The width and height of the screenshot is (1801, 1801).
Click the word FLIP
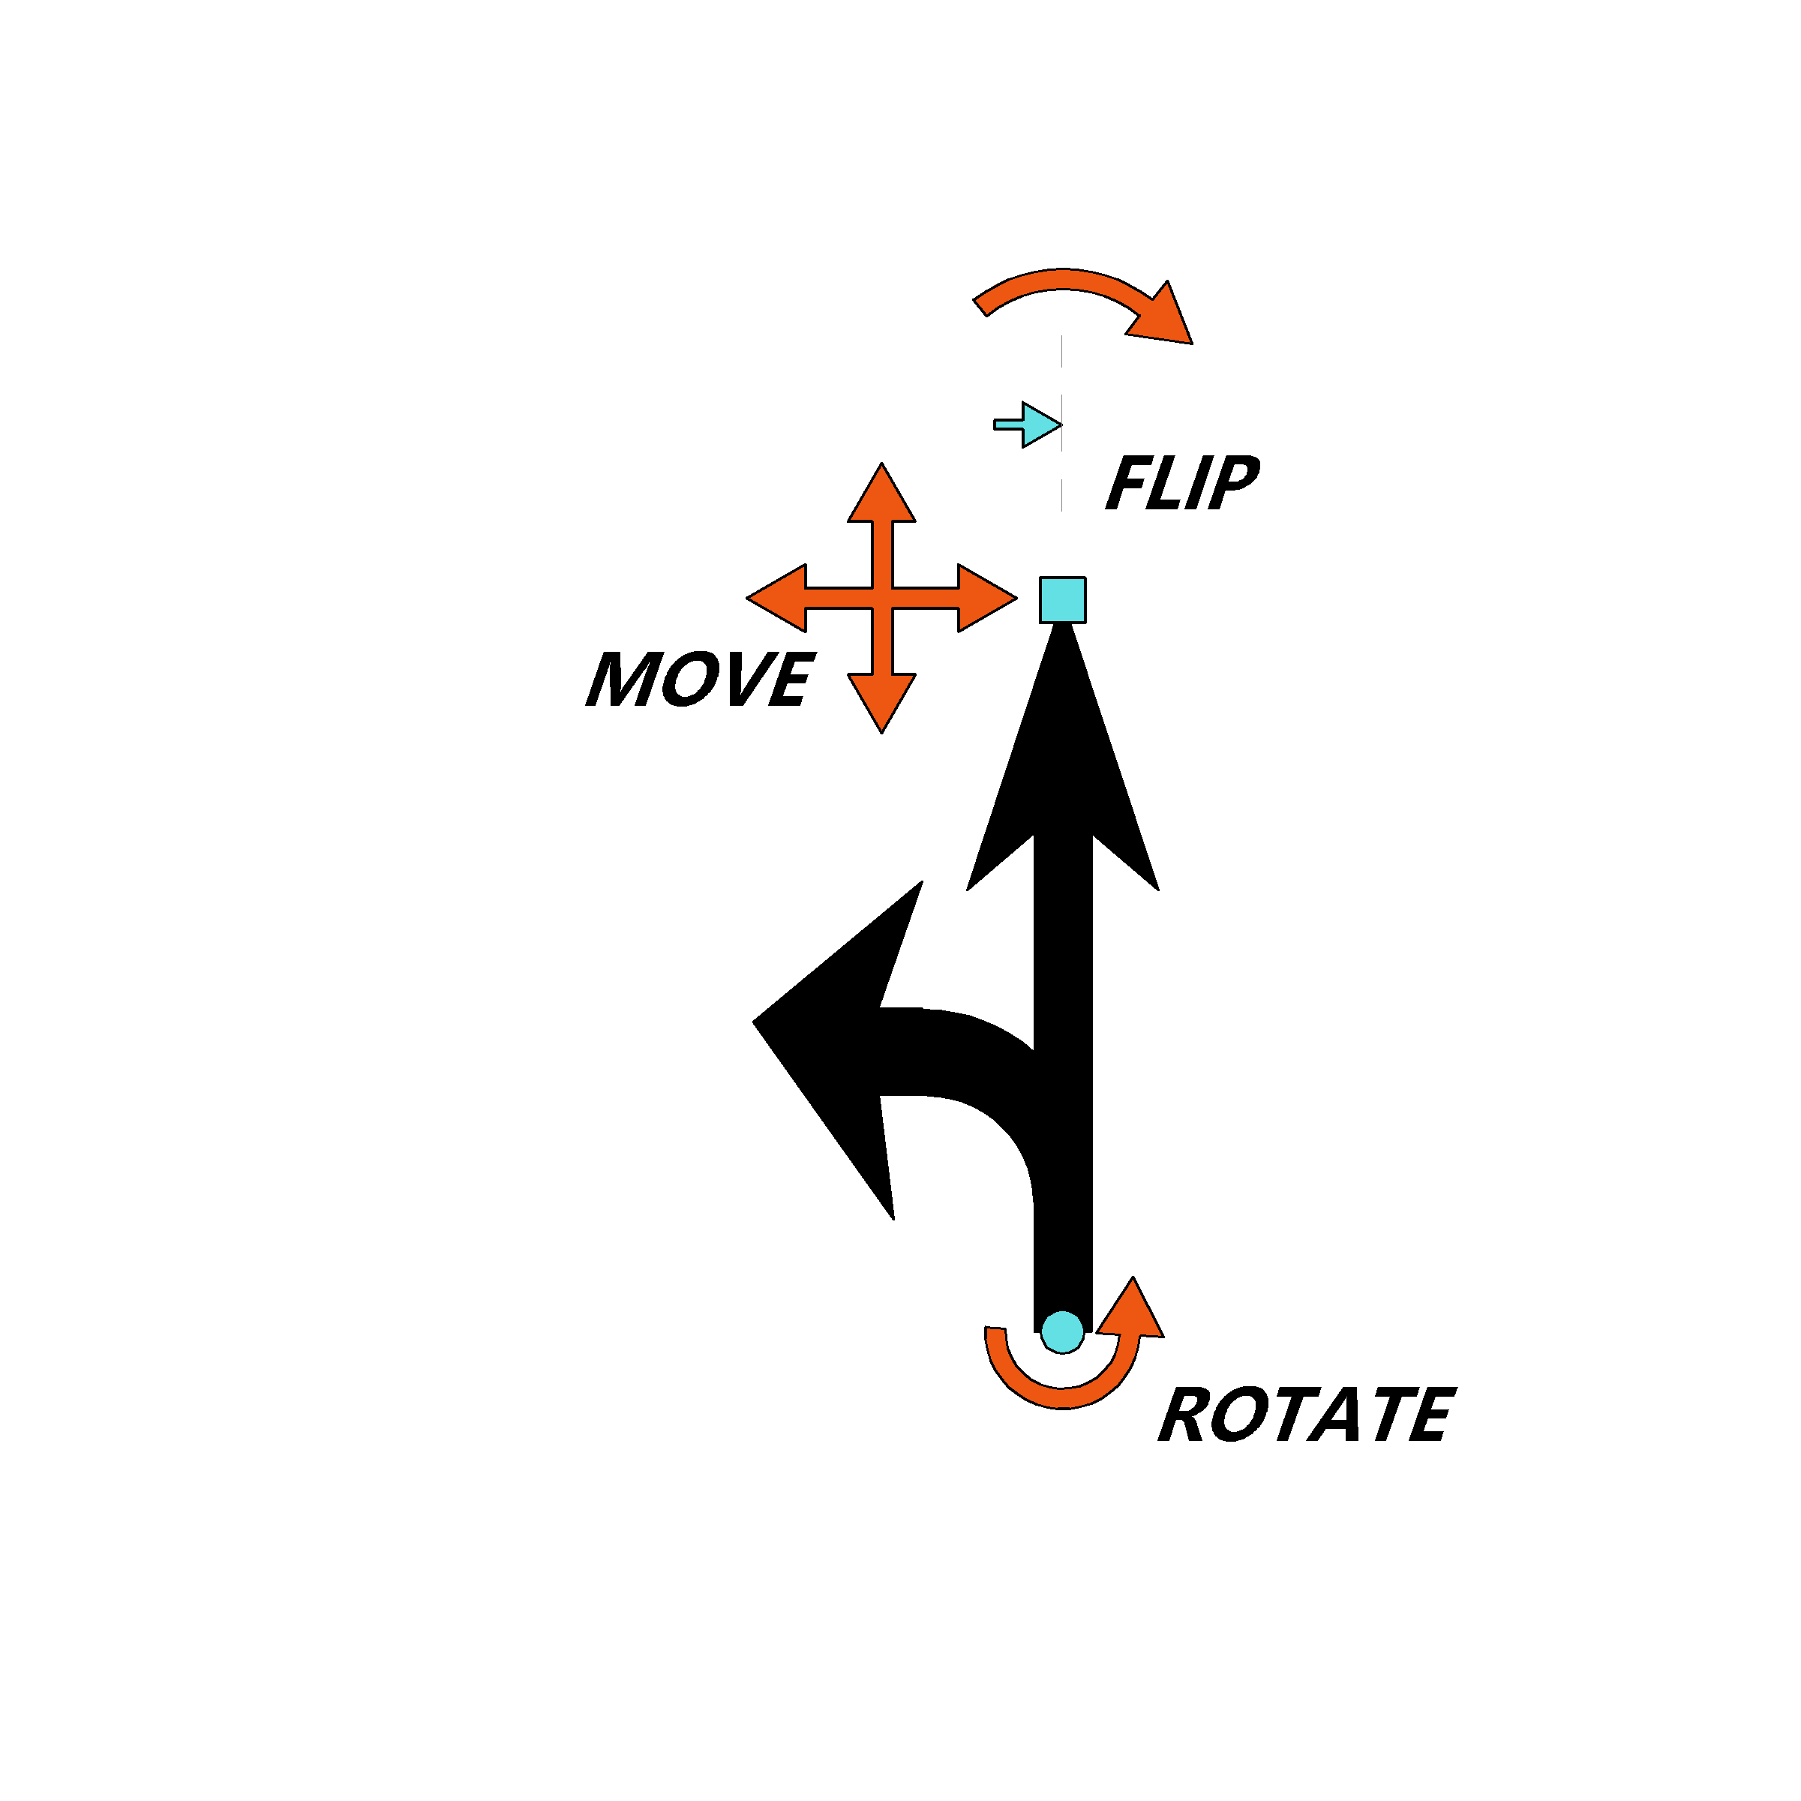[x=1182, y=483]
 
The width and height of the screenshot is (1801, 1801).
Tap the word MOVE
[x=700, y=677]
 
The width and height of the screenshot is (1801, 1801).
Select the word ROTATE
[x=1307, y=1414]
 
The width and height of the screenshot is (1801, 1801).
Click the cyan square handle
[x=1063, y=599]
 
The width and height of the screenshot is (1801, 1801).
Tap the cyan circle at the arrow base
[x=1063, y=1332]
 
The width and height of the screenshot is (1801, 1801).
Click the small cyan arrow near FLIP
[x=1028, y=425]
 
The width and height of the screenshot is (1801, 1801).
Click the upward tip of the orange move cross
[x=882, y=464]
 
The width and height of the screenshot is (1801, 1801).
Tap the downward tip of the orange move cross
[x=882, y=733]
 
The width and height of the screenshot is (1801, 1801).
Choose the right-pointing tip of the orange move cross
[x=1016, y=599]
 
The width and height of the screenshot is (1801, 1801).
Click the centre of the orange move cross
[x=882, y=599]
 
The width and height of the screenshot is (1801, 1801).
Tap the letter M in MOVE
[x=621, y=677]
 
